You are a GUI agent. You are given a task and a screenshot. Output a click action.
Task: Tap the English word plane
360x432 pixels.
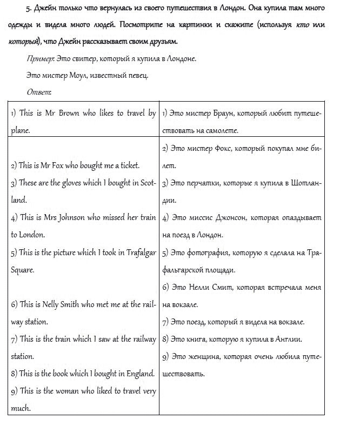[x=20, y=130]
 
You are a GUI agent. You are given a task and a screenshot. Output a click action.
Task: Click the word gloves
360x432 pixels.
[x=69, y=183]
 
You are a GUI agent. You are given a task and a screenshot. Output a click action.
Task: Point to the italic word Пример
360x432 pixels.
[x=39, y=58]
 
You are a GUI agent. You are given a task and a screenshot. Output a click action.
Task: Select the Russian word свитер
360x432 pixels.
[x=82, y=58]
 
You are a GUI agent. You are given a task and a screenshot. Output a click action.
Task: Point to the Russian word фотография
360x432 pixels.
[x=211, y=252]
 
